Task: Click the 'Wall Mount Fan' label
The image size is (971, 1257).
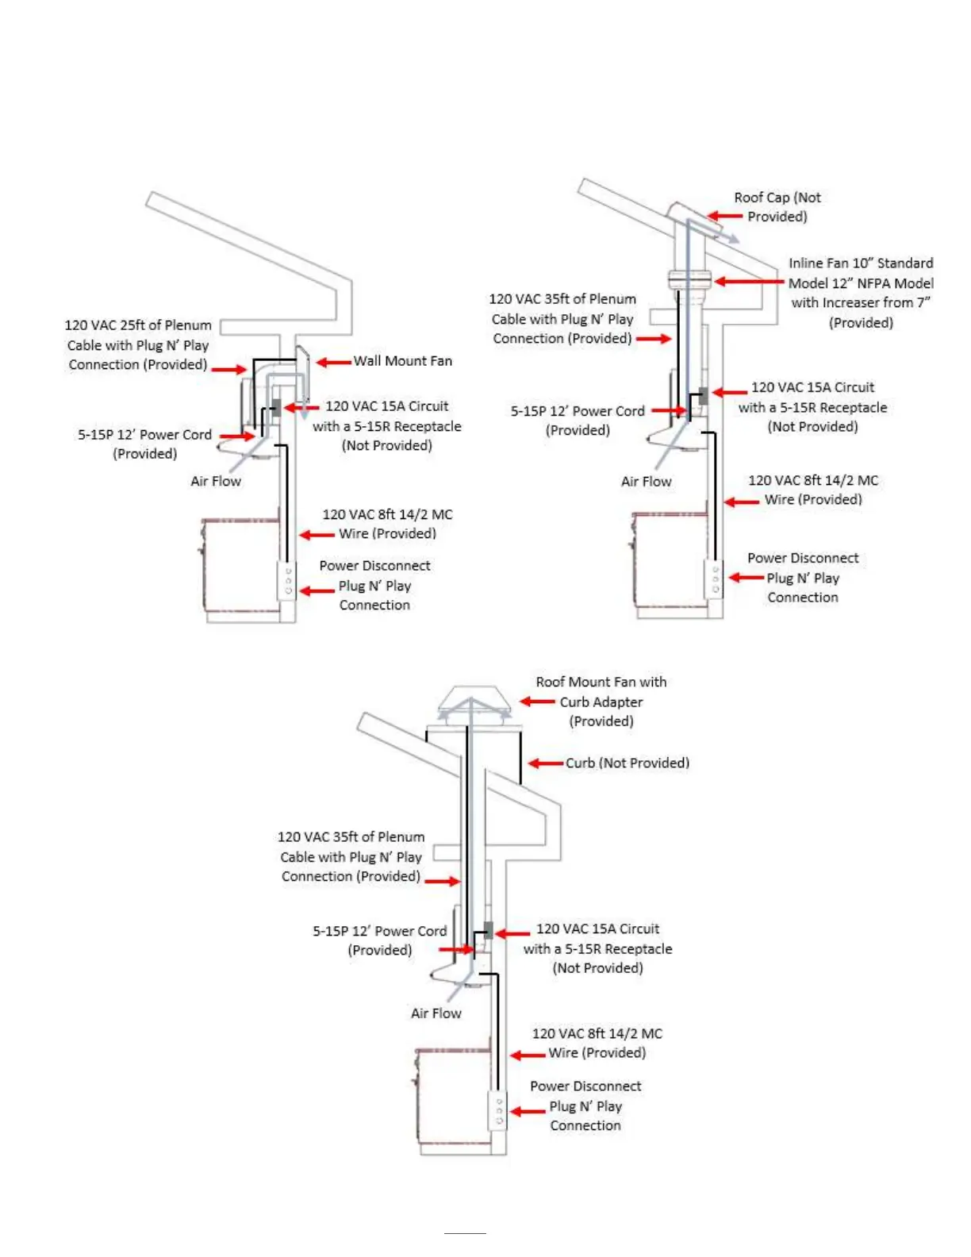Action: click(402, 361)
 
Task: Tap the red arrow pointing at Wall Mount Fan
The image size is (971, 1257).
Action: click(334, 363)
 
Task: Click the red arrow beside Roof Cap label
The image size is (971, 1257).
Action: click(724, 216)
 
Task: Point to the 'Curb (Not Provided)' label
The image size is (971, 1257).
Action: click(627, 763)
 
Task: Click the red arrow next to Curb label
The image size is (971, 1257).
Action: click(546, 763)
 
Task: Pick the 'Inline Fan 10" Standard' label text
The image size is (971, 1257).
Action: click(860, 263)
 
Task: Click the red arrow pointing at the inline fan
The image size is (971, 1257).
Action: click(749, 281)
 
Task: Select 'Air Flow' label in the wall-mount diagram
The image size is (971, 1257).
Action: click(216, 481)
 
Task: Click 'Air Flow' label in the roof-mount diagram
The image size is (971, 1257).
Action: click(436, 1013)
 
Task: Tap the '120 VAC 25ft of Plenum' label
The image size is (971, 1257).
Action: click(138, 325)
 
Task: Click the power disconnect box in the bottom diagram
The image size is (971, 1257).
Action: click(498, 1110)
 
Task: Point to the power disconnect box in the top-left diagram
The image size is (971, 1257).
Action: click(288, 581)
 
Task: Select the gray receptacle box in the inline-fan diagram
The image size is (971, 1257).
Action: click(703, 395)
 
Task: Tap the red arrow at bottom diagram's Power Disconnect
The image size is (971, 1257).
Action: click(528, 1111)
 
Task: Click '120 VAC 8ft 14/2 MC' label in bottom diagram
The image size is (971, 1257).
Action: click(597, 1033)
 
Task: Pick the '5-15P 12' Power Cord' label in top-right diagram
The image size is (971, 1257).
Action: click(578, 411)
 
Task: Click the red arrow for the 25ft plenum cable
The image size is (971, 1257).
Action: click(229, 369)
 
